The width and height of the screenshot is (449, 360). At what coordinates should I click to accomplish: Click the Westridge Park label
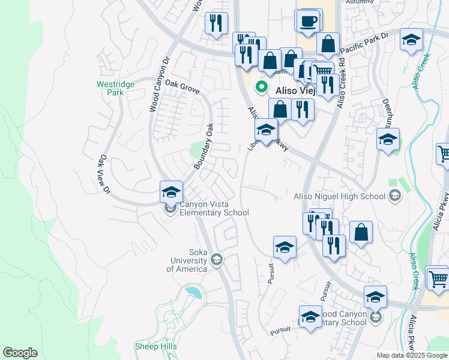point(110,88)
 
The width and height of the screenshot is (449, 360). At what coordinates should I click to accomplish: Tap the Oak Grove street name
point(182,87)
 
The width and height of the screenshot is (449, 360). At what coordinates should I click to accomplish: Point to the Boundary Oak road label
point(203,146)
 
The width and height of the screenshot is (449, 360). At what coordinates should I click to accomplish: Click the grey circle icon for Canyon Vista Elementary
point(171,208)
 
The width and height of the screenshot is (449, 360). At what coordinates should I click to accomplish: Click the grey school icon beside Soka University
point(217,260)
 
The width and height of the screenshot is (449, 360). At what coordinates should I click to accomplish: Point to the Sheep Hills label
point(155,347)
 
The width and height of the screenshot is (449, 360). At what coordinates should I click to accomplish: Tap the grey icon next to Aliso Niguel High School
point(394,195)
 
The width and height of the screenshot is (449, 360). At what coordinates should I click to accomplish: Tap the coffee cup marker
point(309,21)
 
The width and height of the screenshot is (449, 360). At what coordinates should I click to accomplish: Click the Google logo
point(20,353)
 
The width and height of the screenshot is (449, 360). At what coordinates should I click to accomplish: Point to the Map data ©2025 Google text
point(412,355)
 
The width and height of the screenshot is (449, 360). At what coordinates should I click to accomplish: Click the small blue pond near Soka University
point(194,293)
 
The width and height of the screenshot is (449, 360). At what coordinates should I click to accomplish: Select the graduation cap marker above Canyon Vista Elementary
point(171,192)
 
